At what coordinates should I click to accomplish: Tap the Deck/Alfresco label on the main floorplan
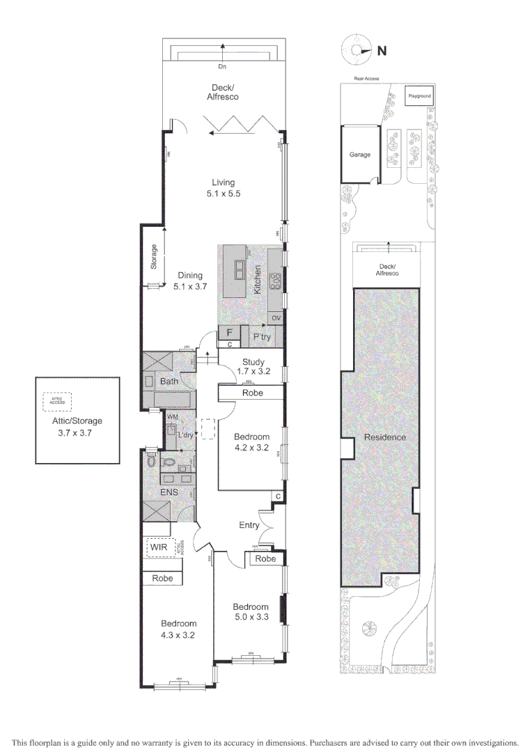click(222, 92)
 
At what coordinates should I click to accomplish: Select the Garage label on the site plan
click(360, 155)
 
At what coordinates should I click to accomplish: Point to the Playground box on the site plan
click(419, 95)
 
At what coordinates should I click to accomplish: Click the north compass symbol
click(359, 50)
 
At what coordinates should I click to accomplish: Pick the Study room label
click(253, 361)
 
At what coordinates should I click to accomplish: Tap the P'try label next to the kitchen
click(262, 337)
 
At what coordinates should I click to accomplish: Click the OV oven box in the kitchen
click(276, 318)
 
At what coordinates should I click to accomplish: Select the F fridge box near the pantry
click(229, 332)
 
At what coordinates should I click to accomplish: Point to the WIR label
click(159, 547)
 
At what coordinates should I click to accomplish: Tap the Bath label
click(169, 381)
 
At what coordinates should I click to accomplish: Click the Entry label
click(249, 525)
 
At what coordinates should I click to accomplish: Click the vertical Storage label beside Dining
click(154, 257)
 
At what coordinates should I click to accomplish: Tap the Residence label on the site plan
click(385, 437)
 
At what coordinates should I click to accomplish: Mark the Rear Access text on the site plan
click(366, 79)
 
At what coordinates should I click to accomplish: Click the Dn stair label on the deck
click(222, 67)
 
